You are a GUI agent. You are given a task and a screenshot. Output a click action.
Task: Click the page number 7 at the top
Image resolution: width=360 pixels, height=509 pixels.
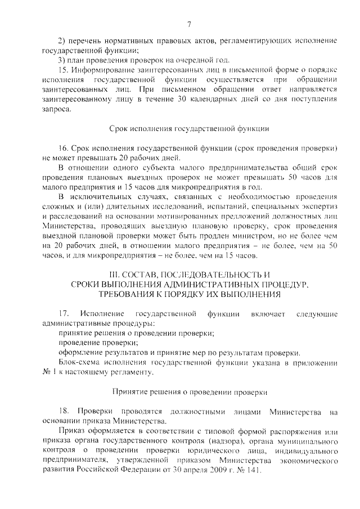click(x=189, y=24)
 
